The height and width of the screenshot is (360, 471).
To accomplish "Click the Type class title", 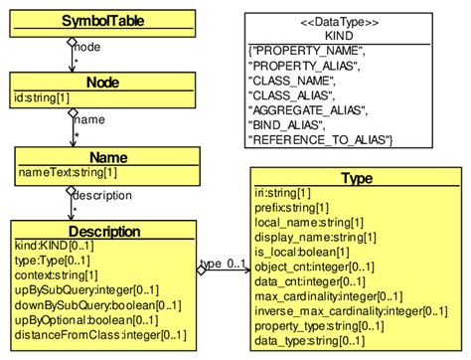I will coord(355,179).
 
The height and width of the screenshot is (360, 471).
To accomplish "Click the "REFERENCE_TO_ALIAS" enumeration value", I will coord(322,140).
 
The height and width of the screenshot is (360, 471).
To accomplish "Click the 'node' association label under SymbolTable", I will coord(87,47).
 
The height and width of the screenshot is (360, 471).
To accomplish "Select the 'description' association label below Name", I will coord(102,195).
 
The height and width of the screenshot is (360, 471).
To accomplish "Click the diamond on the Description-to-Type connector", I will coord(202,270).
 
